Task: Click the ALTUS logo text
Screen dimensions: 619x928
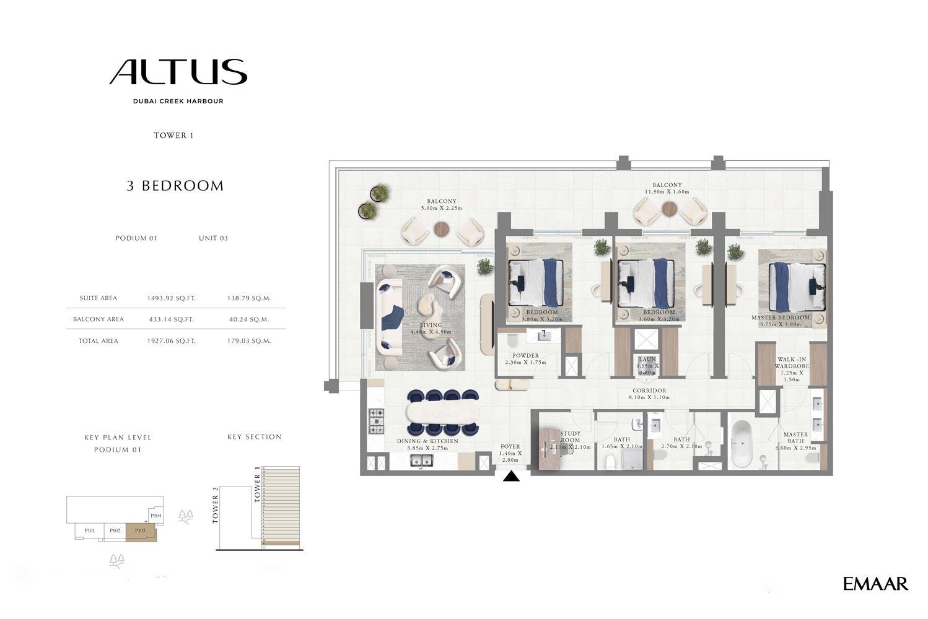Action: tap(178, 72)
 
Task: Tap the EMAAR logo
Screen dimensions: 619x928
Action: tap(875, 584)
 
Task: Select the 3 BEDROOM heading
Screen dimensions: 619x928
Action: tap(175, 186)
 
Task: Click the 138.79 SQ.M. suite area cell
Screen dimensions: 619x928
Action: tap(249, 298)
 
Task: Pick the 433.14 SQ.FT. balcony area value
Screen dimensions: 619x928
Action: tap(171, 319)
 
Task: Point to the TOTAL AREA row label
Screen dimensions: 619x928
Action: tap(98, 341)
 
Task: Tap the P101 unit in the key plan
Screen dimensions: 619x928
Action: tap(90, 531)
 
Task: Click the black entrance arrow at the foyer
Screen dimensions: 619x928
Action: tap(511, 476)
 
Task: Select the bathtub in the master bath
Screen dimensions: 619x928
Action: tap(742, 444)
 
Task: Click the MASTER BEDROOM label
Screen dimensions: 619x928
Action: tap(780, 318)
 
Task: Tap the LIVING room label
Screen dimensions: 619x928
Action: tap(431, 325)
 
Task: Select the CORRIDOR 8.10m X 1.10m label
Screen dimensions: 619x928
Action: tap(649, 394)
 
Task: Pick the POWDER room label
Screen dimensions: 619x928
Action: tap(525, 356)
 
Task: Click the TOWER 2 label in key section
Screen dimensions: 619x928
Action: tap(216, 506)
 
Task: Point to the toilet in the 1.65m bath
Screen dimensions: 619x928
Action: tap(610, 461)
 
